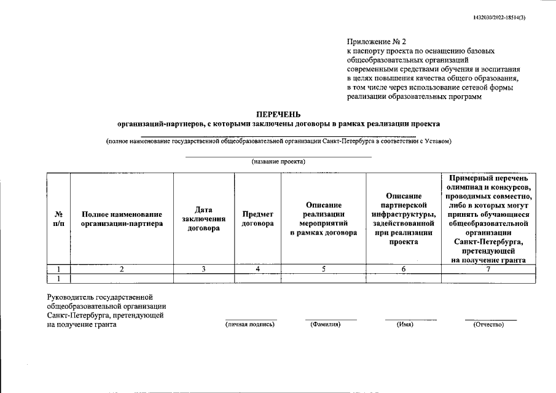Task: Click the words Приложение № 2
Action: coord(372,42)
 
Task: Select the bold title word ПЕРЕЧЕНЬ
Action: coord(278,114)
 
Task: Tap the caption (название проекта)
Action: coord(278,162)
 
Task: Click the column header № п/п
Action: coord(59,219)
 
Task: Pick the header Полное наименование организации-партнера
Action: coord(122,219)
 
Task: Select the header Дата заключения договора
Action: coord(204,219)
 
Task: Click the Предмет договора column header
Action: coord(257,219)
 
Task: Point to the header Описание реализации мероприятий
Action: coord(323,219)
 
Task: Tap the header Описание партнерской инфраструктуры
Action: coord(403,219)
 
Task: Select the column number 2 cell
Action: coord(122,269)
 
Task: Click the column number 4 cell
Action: coord(257,269)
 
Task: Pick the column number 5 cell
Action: coord(323,269)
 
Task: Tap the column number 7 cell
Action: coord(488,269)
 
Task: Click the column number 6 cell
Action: coord(403,269)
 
